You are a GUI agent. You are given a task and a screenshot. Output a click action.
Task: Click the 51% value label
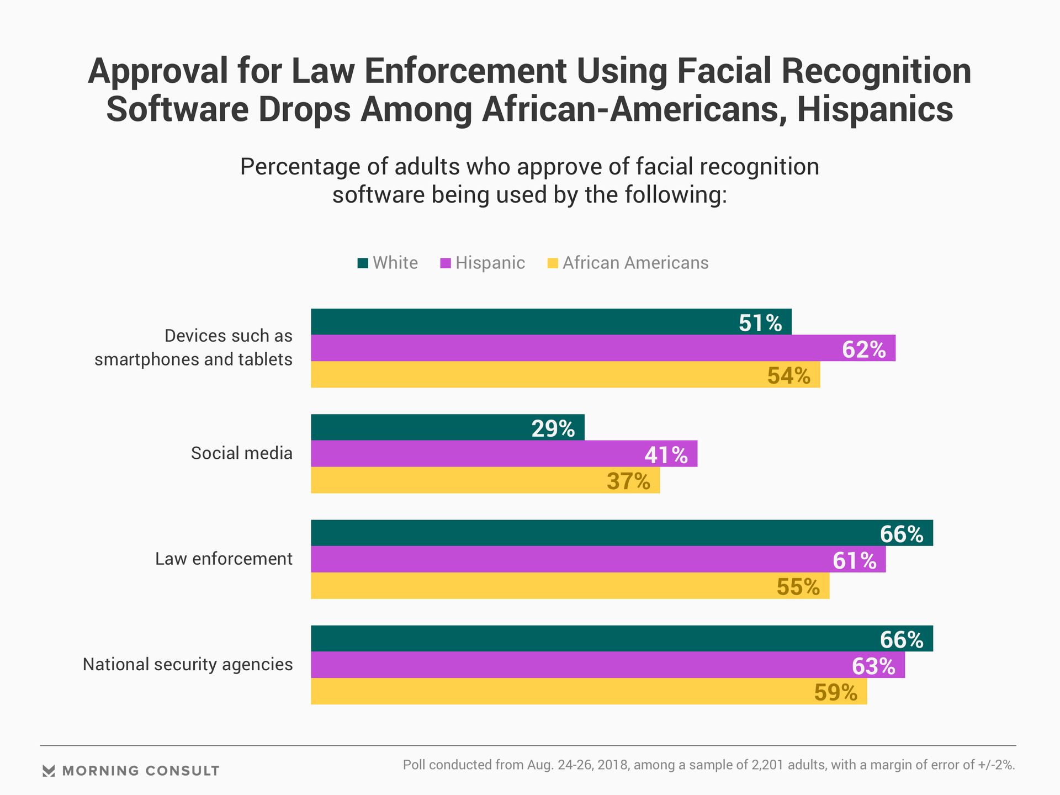(760, 323)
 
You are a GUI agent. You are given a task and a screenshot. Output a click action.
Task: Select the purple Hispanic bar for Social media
(504, 454)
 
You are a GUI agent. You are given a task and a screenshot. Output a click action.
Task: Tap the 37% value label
(628, 481)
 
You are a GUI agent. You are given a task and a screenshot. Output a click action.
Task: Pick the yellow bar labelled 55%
(570, 586)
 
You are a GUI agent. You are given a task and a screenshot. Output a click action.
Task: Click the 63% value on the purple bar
(873, 666)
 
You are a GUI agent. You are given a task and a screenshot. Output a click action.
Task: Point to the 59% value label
(836, 692)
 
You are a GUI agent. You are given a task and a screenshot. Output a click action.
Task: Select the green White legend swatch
(363, 263)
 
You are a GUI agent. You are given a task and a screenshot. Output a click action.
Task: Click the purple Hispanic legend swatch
(445, 263)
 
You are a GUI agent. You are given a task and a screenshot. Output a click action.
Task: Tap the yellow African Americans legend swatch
(552, 263)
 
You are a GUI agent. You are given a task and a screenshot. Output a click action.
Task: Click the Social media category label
(242, 453)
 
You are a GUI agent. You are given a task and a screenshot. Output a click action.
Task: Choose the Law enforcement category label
(224, 559)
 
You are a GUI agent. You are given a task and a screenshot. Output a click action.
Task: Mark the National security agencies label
(188, 664)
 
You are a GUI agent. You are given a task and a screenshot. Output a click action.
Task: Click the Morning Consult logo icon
(49, 771)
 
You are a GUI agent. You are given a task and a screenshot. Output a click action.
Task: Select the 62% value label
(864, 349)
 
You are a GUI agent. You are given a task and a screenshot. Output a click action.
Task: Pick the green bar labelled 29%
(447, 427)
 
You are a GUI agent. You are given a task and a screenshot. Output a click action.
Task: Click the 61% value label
(855, 561)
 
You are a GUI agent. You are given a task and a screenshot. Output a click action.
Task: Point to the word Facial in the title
(723, 71)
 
